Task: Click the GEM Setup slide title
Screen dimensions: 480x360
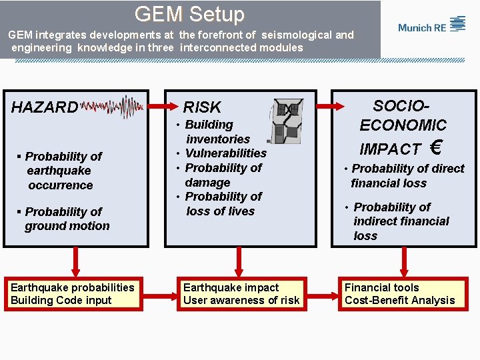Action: click(x=189, y=14)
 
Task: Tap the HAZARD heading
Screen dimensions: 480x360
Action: click(x=44, y=107)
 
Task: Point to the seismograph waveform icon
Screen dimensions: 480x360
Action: click(x=111, y=107)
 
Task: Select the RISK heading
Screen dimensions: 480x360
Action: click(x=201, y=107)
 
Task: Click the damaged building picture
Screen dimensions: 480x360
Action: click(x=287, y=121)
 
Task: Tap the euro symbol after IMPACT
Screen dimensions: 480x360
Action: click(x=437, y=147)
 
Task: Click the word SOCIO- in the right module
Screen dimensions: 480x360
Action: click(x=401, y=106)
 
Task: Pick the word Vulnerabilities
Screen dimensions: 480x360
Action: click(x=225, y=153)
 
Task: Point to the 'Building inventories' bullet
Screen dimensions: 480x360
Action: click(x=213, y=132)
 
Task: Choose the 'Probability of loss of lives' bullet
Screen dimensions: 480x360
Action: click(x=220, y=204)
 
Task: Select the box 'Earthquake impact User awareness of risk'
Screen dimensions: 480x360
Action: click(x=241, y=294)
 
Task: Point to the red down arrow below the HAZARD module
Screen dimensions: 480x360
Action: click(x=75, y=261)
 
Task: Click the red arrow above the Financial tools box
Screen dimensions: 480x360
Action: click(x=403, y=261)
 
